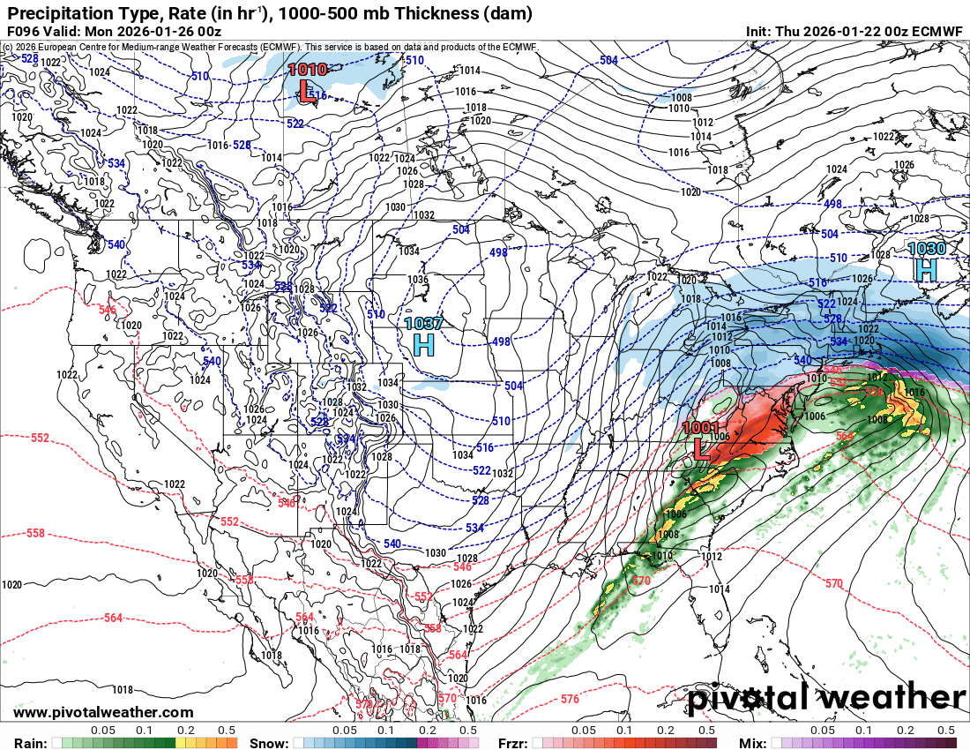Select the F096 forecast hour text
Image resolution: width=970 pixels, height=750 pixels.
pos(24,31)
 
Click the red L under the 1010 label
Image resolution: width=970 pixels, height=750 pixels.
pos(305,89)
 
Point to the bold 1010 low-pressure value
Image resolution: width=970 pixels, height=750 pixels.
pos(307,69)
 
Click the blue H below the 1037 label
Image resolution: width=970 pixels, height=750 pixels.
pos(424,345)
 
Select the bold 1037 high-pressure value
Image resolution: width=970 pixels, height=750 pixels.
pos(423,324)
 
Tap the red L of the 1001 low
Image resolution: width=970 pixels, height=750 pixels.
pos(702,447)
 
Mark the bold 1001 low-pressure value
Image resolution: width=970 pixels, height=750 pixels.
pos(702,428)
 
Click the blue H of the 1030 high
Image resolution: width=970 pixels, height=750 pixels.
pos(926,269)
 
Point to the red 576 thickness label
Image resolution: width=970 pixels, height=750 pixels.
pos(570,699)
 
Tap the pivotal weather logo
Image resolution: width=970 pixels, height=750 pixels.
pos(826,698)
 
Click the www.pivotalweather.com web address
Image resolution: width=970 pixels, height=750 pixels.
pos(103,712)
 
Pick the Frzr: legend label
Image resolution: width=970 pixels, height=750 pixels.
pos(513,743)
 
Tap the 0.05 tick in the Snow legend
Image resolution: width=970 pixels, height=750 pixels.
pos(344,731)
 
